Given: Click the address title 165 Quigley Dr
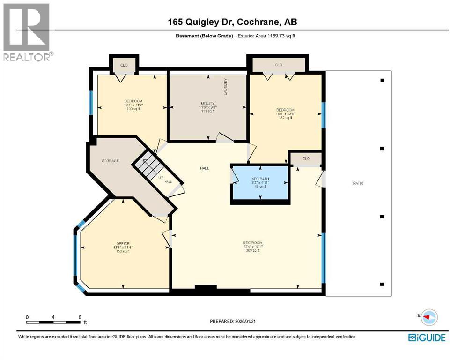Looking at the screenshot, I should (232, 22).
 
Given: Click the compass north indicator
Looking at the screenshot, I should (428, 316).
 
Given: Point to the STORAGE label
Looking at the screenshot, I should (111, 161).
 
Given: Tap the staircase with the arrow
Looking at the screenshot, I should (147, 165).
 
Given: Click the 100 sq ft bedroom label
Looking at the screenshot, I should (133, 105).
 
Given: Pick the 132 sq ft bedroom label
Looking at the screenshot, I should (285, 114).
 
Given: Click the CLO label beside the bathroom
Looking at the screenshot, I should (306, 158).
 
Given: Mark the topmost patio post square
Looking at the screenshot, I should (382, 81).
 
